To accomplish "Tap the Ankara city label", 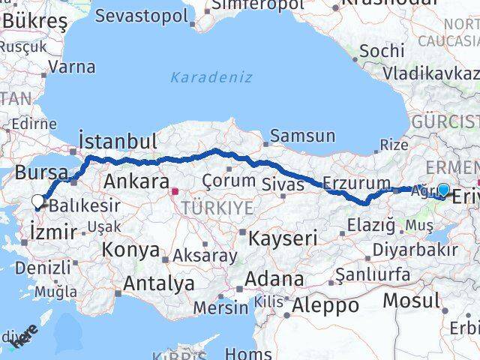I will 136,181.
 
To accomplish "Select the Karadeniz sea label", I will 211,77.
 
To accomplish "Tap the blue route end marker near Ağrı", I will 443,190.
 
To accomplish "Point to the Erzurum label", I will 356,182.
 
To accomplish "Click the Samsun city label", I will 302,136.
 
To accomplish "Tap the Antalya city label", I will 158,283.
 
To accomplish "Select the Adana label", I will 277,280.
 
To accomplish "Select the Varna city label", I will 72,67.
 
